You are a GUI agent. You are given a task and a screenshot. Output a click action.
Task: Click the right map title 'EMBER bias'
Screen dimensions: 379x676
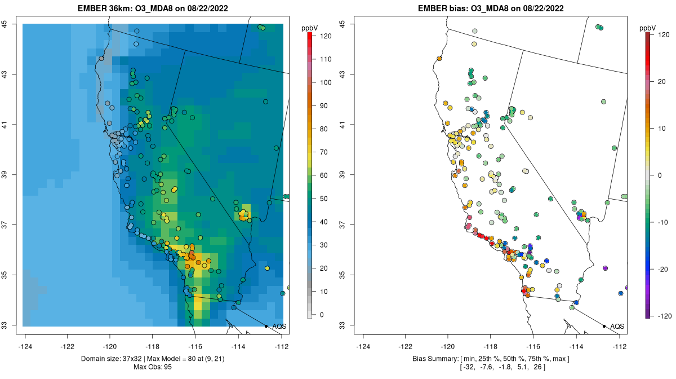(x=443, y=8)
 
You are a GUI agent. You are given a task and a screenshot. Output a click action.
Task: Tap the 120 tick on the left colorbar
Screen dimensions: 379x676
(x=326, y=36)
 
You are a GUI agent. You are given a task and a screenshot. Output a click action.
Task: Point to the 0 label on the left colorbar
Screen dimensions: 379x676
(x=322, y=315)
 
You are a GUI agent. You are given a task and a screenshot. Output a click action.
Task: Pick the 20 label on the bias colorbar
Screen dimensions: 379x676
(x=662, y=82)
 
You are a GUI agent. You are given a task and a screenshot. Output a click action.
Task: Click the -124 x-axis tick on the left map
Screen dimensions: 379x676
(x=25, y=346)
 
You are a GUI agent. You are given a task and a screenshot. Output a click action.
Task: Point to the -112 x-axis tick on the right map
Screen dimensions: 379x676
(x=620, y=346)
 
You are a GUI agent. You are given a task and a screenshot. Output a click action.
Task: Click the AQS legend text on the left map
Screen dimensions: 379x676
(x=279, y=327)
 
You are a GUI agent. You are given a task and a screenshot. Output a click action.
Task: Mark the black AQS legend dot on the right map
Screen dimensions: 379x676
(x=604, y=327)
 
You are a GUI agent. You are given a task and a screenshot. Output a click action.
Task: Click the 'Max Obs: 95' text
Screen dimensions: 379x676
(x=153, y=367)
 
